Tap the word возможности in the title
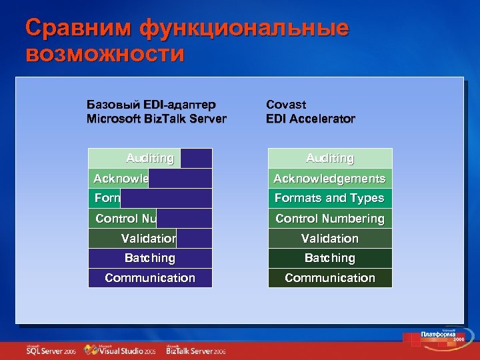click(x=104, y=53)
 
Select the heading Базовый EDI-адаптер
click(x=151, y=105)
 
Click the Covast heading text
click(x=286, y=105)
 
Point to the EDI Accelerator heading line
click(x=310, y=119)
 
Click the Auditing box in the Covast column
click(x=330, y=158)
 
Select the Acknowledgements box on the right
click(x=330, y=179)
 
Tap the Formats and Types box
click(x=330, y=198)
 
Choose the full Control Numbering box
click(x=330, y=219)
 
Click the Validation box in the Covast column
click(x=330, y=238)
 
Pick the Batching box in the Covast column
click(x=330, y=258)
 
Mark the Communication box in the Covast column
click(x=330, y=278)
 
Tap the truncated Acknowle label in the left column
click(x=120, y=179)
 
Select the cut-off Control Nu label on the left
click(x=125, y=219)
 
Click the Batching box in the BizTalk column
click(x=150, y=258)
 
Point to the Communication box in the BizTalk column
click(x=150, y=278)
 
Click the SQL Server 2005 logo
click(x=51, y=350)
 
